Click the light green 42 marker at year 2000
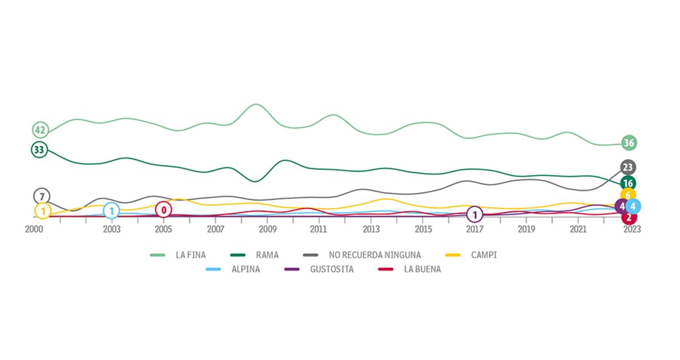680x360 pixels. click(40, 130)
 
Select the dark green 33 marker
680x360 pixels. click(39, 150)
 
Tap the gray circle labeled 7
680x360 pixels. click(41, 196)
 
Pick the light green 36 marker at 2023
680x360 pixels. click(629, 143)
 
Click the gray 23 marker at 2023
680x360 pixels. click(628, 168)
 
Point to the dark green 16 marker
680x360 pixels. click(628, 184)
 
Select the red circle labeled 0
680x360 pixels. click(164, 210)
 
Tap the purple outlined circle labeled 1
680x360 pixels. click(474, 215)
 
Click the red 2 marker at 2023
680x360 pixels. click(629, 217)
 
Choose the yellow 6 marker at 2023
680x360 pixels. click(628, 195)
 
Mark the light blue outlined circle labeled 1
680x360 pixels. click(111, 211)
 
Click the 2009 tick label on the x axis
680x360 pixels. click(267, 229)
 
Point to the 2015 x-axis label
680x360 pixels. click(423, 229)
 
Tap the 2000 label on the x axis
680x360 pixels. click(34, 229)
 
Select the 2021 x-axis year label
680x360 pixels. click(578, 229)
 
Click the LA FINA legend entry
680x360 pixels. click(190, 255)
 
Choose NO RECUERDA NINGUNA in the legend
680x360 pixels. click(375, 255)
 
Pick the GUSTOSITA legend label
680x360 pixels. click(331, 269)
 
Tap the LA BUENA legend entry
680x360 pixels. click(422, 269)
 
